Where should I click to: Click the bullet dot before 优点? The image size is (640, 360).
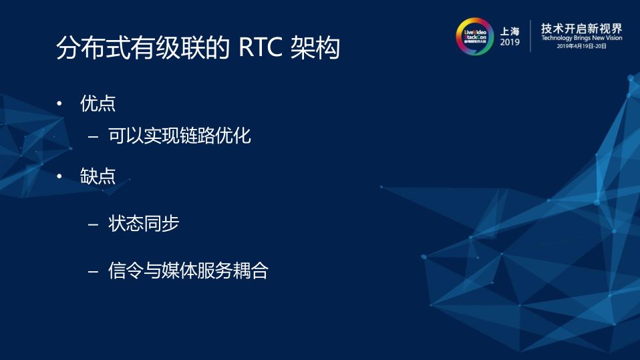[59, 105]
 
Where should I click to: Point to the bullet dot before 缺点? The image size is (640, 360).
[59, 177]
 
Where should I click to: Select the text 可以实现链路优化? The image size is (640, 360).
[179, 137]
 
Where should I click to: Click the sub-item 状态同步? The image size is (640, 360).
[143, 224]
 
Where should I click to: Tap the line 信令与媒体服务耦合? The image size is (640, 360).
[188, 271]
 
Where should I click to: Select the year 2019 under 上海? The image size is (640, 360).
[510, 43]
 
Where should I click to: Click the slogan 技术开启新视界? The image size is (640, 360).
[581, 27]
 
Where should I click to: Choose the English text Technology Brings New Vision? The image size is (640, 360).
[581, 39]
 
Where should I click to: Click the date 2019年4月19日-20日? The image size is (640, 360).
[581, 47]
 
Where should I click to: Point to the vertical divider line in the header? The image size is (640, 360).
[531, 36]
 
